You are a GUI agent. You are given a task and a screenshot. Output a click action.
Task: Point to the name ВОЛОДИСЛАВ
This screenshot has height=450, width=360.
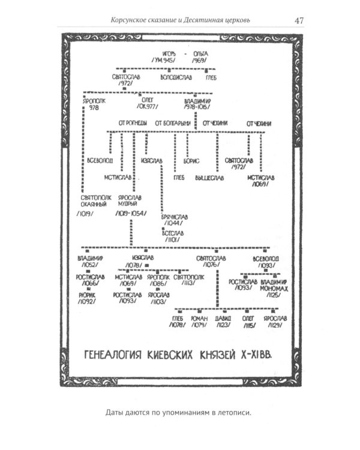177,77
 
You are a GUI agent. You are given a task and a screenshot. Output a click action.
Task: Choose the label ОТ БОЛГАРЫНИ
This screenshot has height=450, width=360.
173,123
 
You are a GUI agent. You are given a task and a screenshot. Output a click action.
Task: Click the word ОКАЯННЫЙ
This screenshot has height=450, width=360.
96,204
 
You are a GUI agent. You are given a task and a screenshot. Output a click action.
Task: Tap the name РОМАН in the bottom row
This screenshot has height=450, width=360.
199,318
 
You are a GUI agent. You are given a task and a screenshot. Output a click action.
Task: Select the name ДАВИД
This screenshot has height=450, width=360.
223,318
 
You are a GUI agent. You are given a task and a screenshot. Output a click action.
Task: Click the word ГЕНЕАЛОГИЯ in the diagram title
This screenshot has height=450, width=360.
113,354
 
